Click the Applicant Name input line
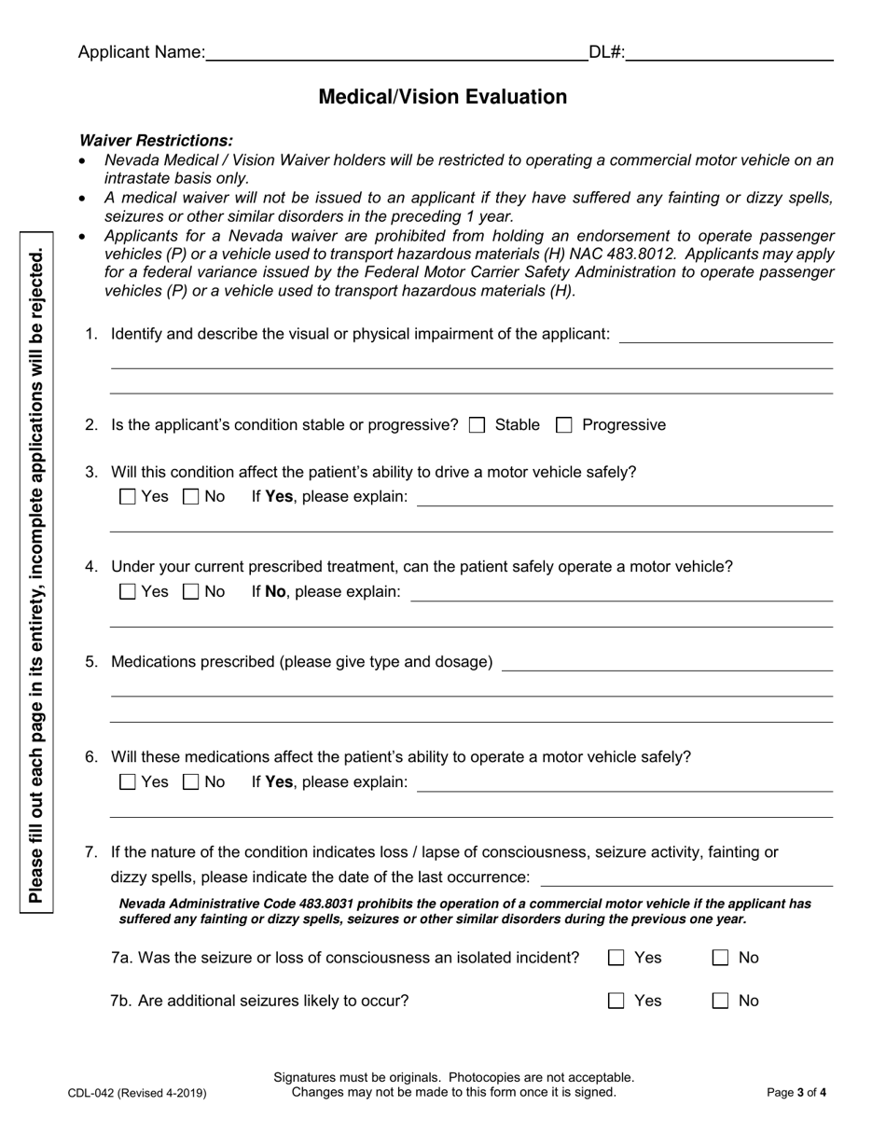point(396,53)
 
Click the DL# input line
point(729,53)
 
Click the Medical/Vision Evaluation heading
point(442,97)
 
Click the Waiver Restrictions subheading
point(156,141)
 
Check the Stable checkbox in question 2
point(478,425)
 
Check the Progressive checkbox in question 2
point(563,425)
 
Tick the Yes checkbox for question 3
point(129,497)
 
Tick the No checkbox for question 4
point(191,592)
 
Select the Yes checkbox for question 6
point(129,782)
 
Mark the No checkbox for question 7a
point(720,958)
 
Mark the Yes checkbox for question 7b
point(616,1002)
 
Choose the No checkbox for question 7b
point(720,1002)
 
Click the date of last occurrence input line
point(686,878)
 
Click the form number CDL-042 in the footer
point(137,1093)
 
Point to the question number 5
point(91,662)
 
